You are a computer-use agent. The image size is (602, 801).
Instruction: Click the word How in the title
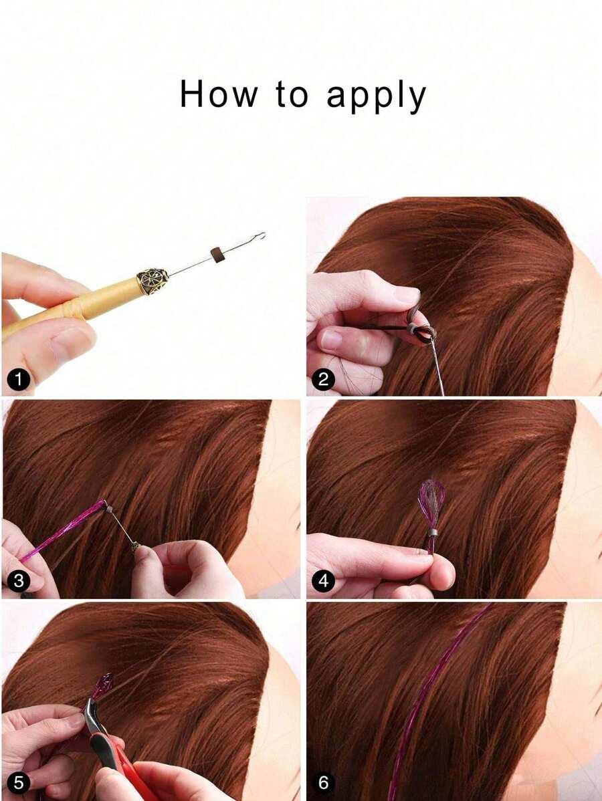[218, 94]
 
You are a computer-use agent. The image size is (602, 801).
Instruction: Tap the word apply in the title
[376, 97]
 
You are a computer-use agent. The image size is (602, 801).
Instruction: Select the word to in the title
[292, 96]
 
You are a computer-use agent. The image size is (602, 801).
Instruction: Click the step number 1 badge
[19, 380]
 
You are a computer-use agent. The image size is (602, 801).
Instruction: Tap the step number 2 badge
[324, 380]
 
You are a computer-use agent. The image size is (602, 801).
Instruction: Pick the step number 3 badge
[19, 581]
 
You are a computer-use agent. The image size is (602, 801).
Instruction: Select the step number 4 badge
[324, 581]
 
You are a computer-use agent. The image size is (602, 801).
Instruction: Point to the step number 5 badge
[19, 783]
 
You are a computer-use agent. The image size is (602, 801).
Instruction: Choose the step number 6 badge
[324, 783]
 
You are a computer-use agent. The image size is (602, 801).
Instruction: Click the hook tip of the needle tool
[262, 235]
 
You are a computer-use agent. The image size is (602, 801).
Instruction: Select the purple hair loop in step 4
[432, 505]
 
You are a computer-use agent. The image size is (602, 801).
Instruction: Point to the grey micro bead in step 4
[432, 533]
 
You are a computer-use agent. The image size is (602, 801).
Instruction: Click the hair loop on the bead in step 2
[419, 327]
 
